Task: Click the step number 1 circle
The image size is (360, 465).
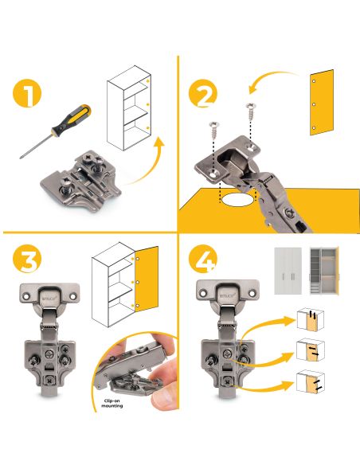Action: coord(27,93)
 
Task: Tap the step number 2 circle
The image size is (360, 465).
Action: coord(203,93)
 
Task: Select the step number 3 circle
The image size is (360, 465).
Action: coord(27,259)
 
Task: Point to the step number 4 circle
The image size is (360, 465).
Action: coord(203,259)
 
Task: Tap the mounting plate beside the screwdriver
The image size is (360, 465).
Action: coord(80,182)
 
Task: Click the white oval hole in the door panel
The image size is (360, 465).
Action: coord(238,200)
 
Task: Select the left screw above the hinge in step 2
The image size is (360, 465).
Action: coord(213,130)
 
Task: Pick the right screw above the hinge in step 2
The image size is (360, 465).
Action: coord(251,111)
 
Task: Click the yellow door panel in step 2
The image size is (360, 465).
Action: coord(322,103)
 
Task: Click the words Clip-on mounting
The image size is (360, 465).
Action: coord(112,404)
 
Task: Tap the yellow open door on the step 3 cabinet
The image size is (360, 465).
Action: coord(147,279)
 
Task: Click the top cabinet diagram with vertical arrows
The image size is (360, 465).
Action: coord(311,319)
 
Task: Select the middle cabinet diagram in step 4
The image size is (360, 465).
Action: coord(311,350)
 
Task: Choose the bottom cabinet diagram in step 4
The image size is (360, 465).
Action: coord(311,381)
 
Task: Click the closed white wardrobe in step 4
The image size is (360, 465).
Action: coord(288,271)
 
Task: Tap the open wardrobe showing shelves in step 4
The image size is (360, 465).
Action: coord(324,271)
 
